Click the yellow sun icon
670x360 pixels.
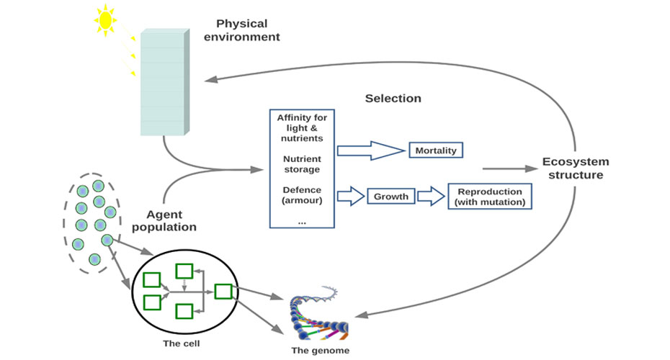tap(105, 21)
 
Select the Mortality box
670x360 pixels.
tap(436, 150)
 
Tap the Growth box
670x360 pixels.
tap(391, 196)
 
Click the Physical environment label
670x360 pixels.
tap(241, 30)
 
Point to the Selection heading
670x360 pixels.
tap(393, 98)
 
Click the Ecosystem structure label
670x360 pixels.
tap(575, 168)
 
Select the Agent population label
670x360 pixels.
tap(171, 220)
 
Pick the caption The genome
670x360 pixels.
tap(321, 351)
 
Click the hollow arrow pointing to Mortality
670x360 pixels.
tap(371, 150)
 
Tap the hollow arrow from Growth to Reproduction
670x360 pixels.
tap(431, 196)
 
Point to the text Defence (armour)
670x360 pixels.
tap(301, 194)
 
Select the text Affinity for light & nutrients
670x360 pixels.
tap(301, 127)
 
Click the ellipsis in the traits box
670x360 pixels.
tap(301, 221)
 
